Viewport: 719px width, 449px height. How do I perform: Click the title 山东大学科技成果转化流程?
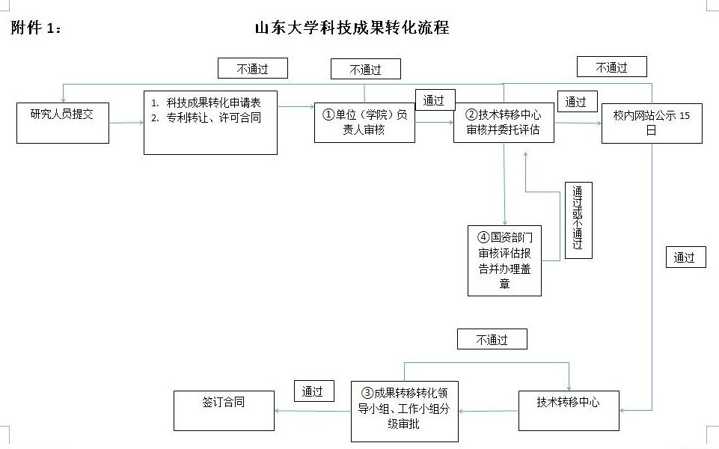click(x=352, y=28)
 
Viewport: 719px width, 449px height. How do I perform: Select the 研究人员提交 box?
click(x=63, y=123)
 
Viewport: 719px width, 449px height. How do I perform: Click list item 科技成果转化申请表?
click(x=213, y=103)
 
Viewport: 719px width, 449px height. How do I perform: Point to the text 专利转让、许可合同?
click(x=213, y=118)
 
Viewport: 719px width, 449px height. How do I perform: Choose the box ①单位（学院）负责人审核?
click(x=364, y=123)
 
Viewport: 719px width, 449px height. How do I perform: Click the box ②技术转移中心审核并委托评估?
click(x=504, y=123)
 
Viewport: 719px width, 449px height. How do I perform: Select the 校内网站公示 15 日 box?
click(x=652, y=123)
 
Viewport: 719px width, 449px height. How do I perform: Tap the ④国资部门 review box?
click(x=504, y=260)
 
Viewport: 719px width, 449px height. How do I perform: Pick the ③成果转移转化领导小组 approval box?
click(x=405, y=412)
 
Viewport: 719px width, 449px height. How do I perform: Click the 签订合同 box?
click(x=224, y=411)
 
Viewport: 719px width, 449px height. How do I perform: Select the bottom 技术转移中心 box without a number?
click(x=569, y=411)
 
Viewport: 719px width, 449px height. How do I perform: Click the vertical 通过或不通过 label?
click(x=578, y=220)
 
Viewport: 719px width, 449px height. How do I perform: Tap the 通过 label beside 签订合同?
click(x=313, y=391)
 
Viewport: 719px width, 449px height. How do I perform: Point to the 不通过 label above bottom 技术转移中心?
click(x=492, y=340)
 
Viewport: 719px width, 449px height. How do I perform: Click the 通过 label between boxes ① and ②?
click(x=435, y=100)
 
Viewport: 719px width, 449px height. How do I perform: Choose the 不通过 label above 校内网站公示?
click(x=612, y=67)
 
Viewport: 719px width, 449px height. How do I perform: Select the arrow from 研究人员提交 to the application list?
click(x=126, y=123)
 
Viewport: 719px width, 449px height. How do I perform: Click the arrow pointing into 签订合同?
click(x=313, y=411)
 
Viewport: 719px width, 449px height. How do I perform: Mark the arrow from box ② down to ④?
click(x=504, y=184)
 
